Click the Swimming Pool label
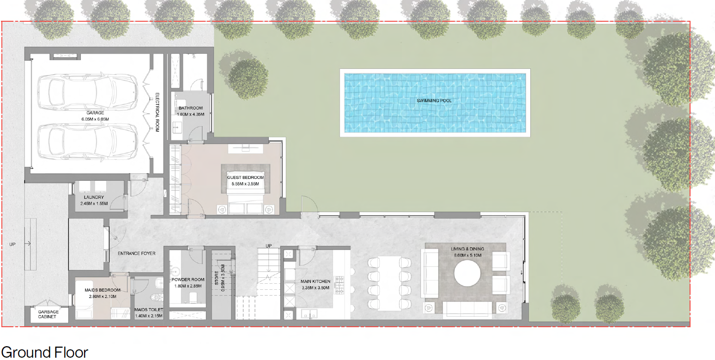click(434, 101)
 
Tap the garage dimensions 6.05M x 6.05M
click(95, 119)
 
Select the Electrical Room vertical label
click(157, 112)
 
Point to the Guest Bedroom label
click(245, 177)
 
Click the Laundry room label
click(94, 197)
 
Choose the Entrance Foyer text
click(137, 253)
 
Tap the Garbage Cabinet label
click(48, 314)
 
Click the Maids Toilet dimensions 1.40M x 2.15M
click(149, 316)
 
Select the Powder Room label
click(188, 280)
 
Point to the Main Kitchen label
click(315, 281)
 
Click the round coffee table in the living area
click(467, 273)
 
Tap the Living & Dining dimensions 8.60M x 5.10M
click(467, 255)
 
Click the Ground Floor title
click(45, 352)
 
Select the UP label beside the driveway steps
click(12, 244)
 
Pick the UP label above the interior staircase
click(269, 246)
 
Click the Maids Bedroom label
click(103, 290)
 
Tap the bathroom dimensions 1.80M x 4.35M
click(191, 114)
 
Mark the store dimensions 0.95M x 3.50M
click(223, 278)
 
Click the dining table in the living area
click(389, 283)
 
